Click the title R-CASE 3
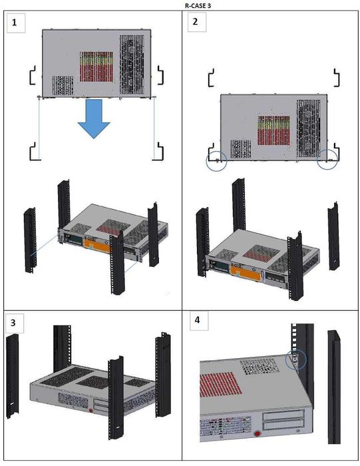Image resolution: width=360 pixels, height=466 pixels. (x=198, y=5)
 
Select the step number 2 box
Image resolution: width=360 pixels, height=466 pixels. (x=196, y=22)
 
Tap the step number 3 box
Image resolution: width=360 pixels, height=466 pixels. (x=14, y=323)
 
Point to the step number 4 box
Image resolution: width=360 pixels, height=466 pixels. (x=199, y=321)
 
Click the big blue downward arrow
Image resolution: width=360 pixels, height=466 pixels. (x=94, y=119)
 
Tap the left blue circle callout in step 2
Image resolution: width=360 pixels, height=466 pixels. (x=216, y=161)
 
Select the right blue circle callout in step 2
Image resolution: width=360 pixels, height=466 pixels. (x=327, y=159)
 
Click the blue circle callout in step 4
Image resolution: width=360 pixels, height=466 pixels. (x=296, y=359)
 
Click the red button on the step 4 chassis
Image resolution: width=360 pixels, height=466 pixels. (x=258, y=433)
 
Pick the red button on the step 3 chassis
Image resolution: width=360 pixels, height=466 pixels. (x=91, y=411)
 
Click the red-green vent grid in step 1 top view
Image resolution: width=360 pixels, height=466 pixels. (x=96, y=67)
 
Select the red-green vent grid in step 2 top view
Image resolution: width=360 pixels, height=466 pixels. (x=273, y=130)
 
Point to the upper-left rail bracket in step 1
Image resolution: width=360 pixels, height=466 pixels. (x=33, y=75)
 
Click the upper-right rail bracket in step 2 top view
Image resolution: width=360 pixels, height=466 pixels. (x=337, y=78)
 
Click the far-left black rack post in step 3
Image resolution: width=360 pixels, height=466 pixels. (x=12, y=375)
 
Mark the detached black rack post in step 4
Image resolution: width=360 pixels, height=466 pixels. (x=334, y=387)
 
